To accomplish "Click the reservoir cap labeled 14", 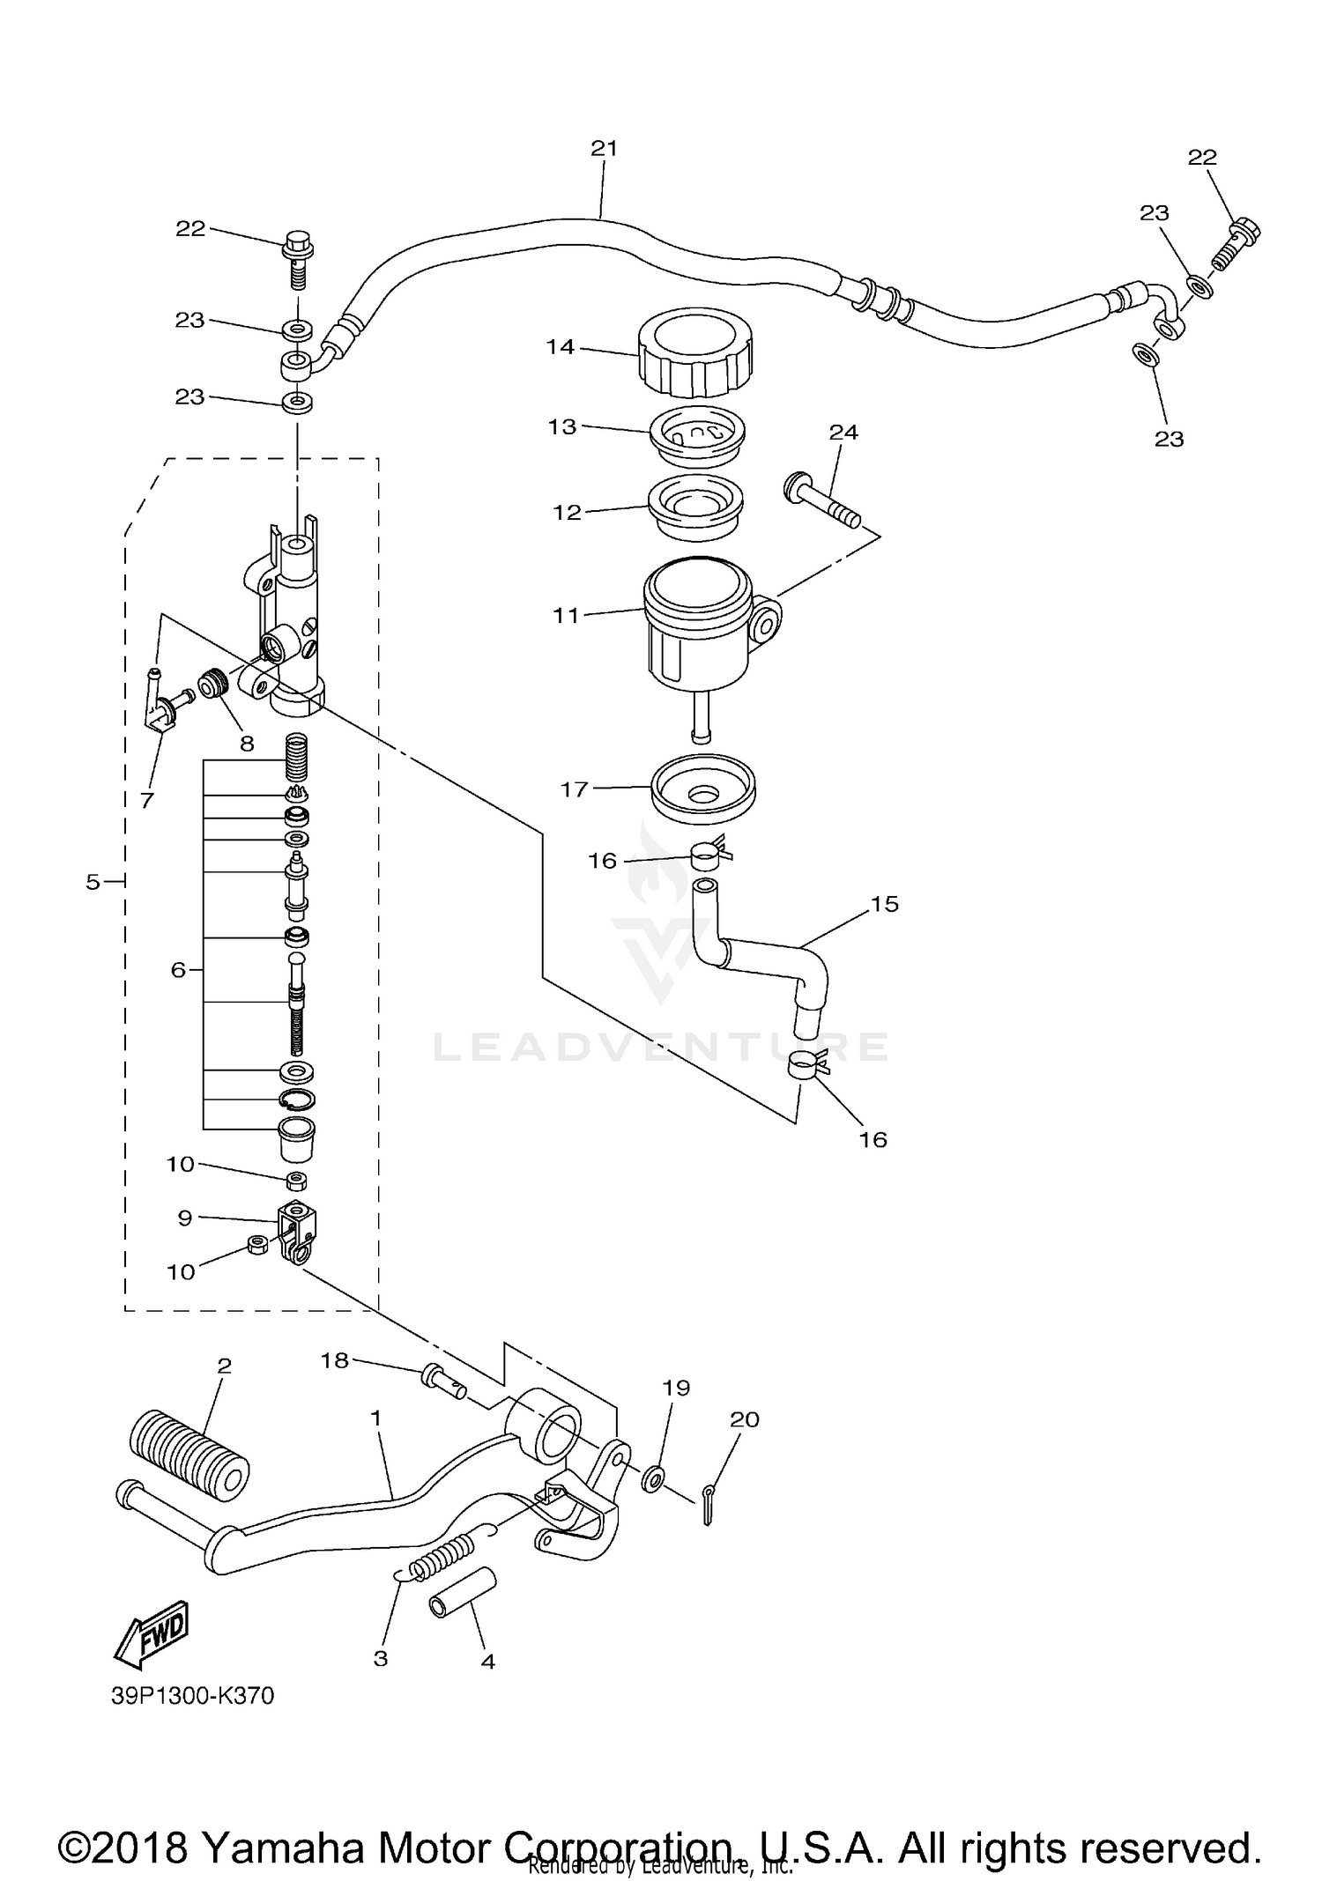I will coord(695,354).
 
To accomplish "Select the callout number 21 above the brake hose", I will coord(604,149).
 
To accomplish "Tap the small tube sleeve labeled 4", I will coord(463,1592).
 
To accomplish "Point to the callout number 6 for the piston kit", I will coord(179,969).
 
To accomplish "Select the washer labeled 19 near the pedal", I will coord(653,1477).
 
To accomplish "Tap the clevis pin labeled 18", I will coord(445,1380).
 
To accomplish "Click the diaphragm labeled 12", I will coord(695,508).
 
